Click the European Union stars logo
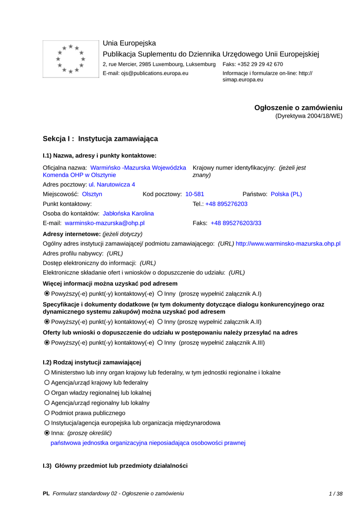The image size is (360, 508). (x=70, y=59)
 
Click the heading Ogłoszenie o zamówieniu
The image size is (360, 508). (x=298, y=108)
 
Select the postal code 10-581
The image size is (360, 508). (x=195, y=194)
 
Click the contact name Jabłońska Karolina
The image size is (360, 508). (x=128, y=213)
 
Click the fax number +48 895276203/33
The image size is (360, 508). (x=236, y=223)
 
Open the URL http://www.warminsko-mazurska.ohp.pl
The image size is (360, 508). (x=288, y=244)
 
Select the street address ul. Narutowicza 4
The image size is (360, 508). (x=112, y=185)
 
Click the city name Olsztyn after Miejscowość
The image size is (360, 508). (x=92, y=194)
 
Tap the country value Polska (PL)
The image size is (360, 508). (x=286, y=194)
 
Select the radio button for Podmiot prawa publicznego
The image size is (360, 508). (x=47, y=413)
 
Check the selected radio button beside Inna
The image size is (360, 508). (x=47, y=433)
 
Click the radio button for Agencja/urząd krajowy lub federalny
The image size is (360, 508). (x=47, y=382)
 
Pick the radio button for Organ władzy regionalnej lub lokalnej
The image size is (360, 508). (x=47, y=393)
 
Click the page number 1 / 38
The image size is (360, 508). (x=336, y=494)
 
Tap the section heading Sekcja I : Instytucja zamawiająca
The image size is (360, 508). (x=100, y=139)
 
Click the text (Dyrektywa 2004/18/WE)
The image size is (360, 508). (x=309, y=116)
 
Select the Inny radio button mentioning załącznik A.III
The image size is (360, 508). (x=160, y=342)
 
